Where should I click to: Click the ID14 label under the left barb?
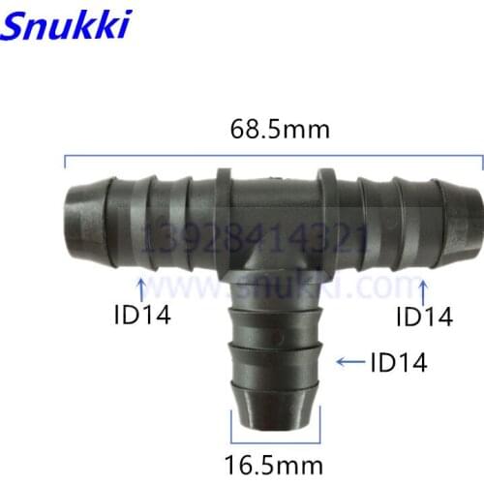tap(143, 315)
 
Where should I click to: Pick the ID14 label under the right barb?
tap(424, 316)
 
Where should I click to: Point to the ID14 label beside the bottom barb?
tap(398, 362)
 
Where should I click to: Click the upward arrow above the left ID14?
tap(142, 287)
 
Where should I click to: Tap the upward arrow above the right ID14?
tap(422, 287)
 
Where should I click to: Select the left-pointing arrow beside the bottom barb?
tap(346, 363)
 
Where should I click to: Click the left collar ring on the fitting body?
tap(224, 219)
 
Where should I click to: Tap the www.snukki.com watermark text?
tap(281, 286)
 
